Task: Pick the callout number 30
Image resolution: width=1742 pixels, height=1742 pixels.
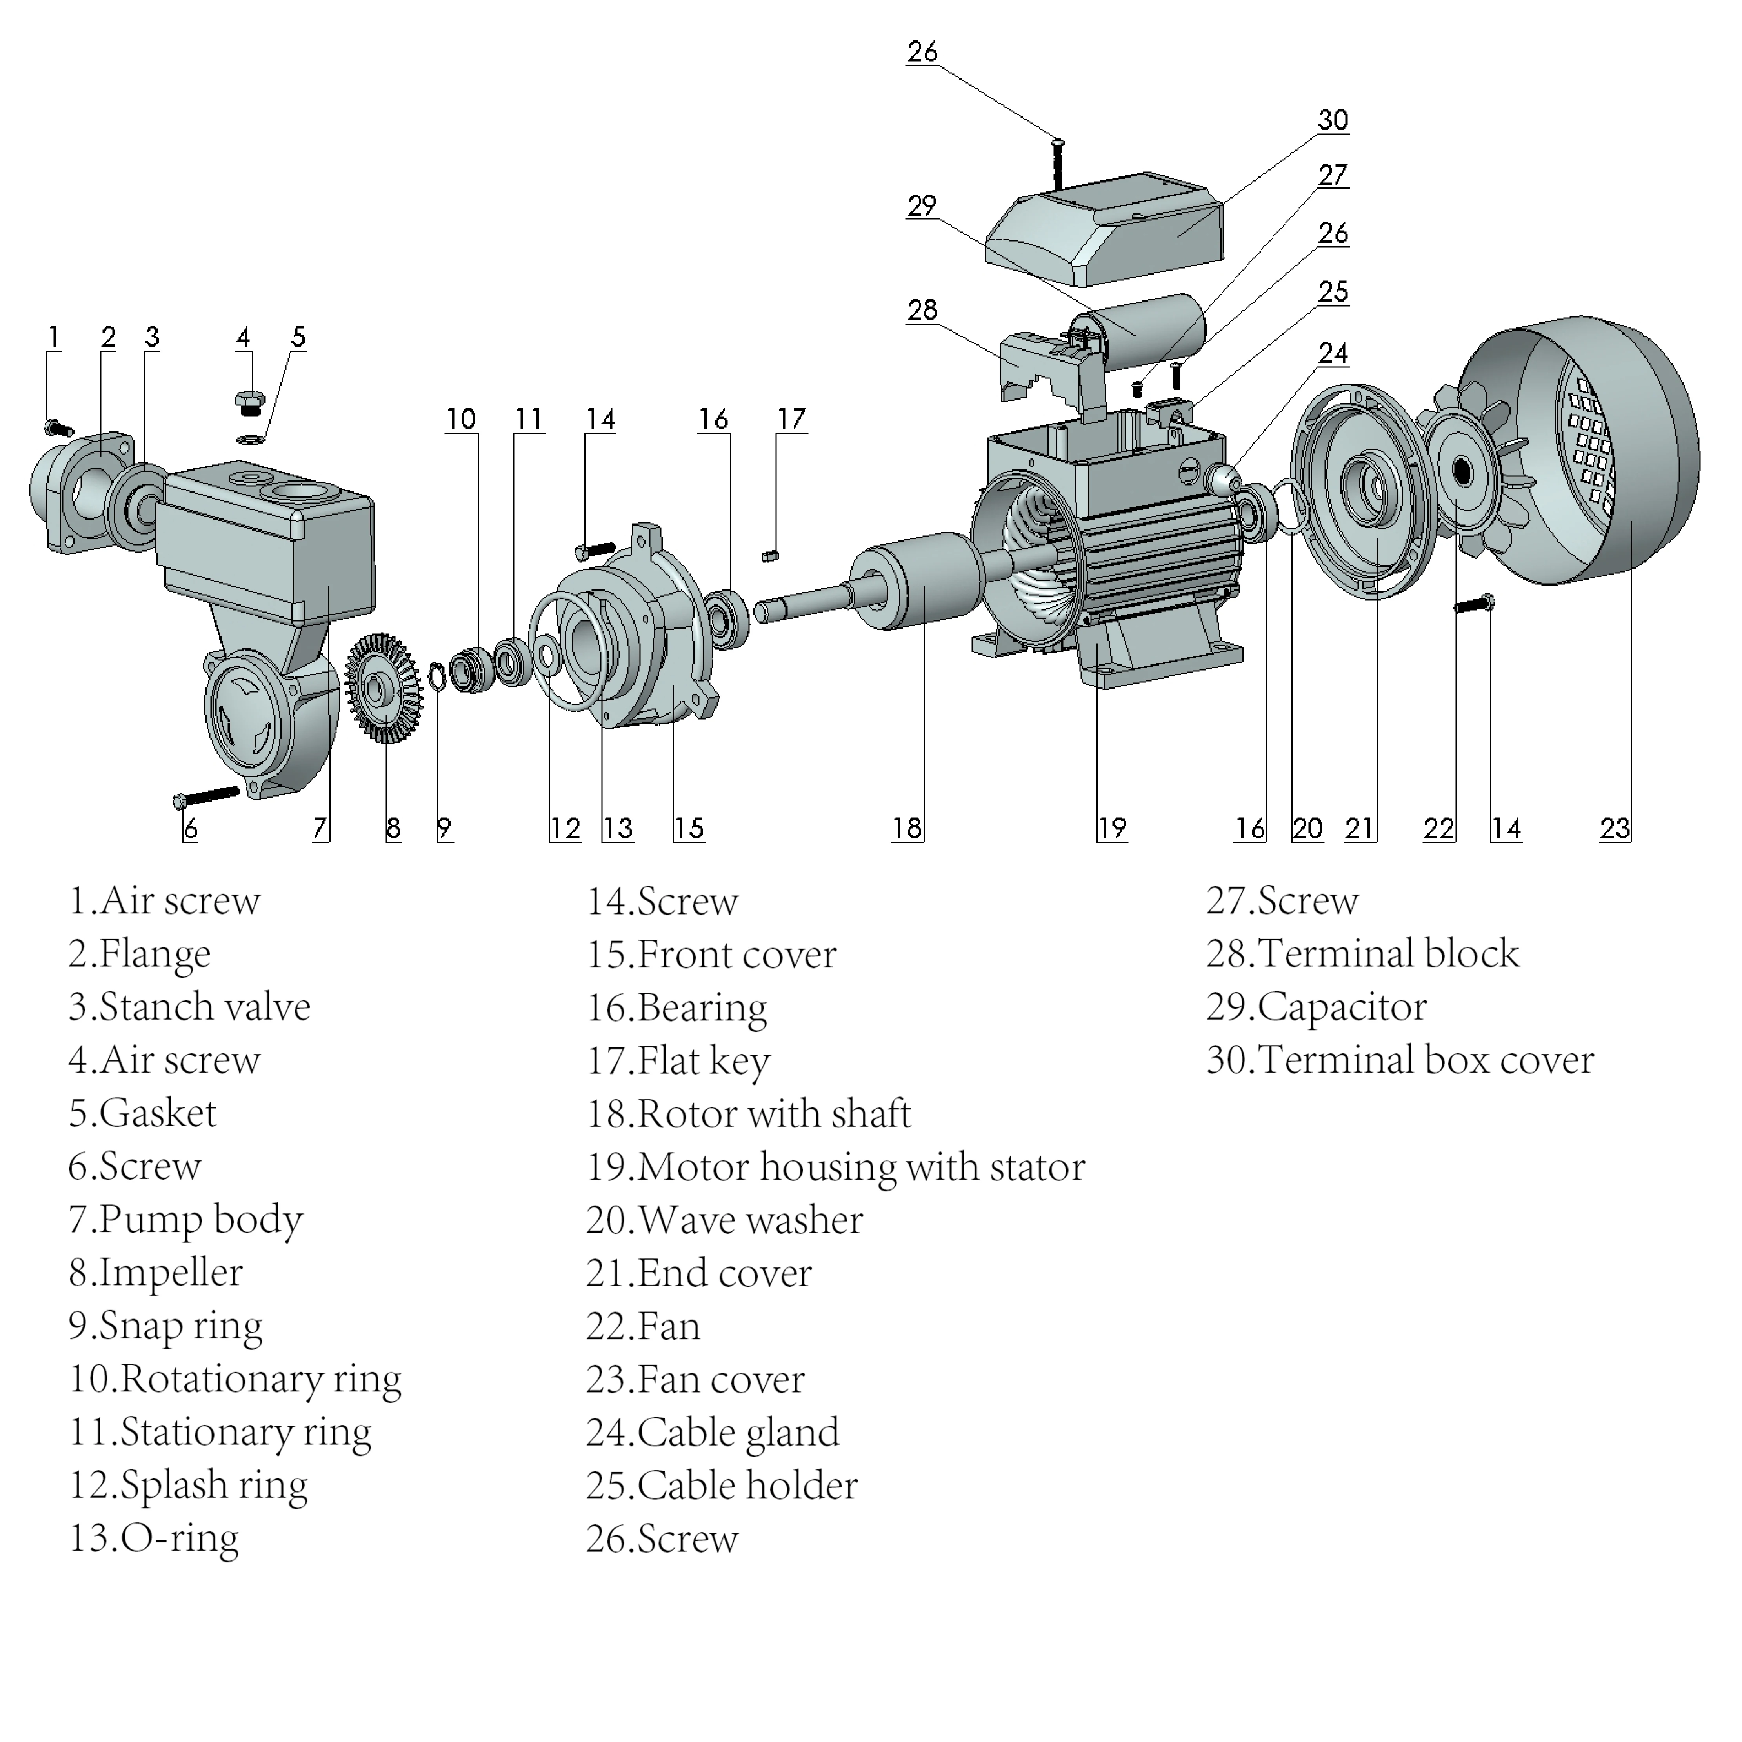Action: [1333, 120]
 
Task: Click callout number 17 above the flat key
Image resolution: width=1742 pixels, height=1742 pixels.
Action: [792, 419]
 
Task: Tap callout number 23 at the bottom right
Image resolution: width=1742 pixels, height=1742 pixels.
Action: [1615, 828]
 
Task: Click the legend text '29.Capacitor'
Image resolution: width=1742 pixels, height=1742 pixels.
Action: [1317, 1007]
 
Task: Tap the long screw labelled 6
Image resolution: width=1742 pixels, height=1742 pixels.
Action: [205, 796]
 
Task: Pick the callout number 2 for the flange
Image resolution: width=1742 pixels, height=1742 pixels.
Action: [108, 337]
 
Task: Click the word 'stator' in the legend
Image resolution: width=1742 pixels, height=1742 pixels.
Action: [1037, 1167]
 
